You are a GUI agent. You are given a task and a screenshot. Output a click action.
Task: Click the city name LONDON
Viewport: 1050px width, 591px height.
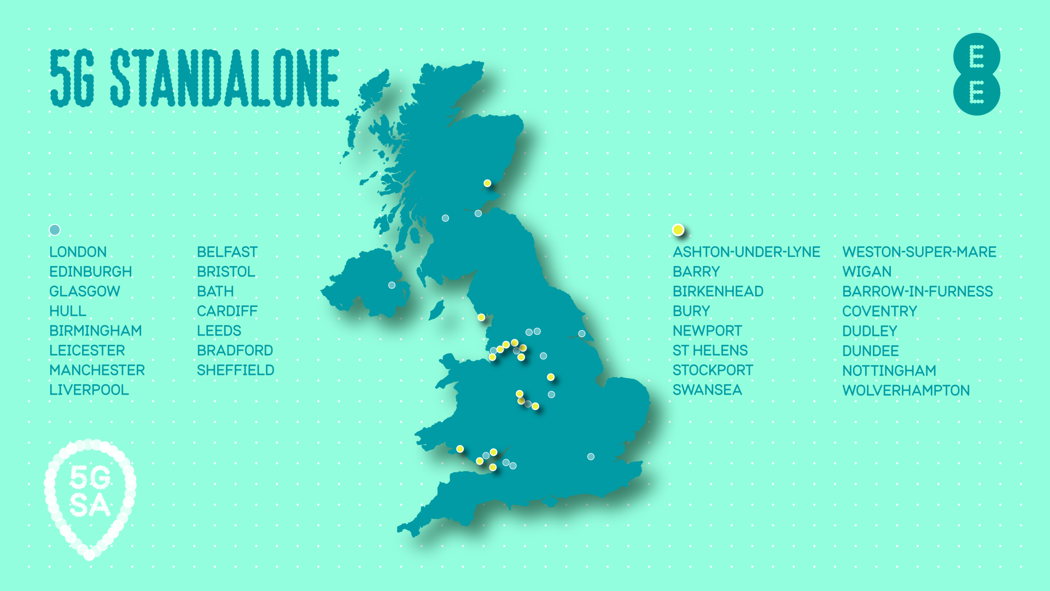pos(78,252)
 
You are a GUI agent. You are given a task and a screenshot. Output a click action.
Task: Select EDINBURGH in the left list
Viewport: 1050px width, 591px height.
pos(90,271)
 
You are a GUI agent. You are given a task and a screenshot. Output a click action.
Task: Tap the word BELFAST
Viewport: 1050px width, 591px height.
pos(227,252)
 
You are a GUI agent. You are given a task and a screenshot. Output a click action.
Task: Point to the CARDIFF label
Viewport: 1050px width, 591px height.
pos(227,311)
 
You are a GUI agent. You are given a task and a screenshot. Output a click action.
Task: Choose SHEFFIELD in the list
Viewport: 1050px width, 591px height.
pos(235,370)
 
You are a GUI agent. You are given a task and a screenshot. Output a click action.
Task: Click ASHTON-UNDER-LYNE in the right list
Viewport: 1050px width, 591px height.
pos(746,252)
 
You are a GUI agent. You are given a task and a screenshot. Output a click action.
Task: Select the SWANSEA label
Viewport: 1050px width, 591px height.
pos(707,390)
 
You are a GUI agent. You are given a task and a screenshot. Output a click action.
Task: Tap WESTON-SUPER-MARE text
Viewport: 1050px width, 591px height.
pos(919,252)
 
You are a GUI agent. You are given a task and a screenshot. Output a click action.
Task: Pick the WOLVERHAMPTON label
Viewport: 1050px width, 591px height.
pos(906,390)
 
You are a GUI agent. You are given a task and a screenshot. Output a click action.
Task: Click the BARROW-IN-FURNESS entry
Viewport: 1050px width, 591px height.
pos(917,291)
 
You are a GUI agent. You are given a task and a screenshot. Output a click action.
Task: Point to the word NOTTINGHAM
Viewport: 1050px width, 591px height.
pos(889,370)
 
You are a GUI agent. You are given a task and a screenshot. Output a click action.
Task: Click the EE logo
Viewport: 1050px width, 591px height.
pos(976,74)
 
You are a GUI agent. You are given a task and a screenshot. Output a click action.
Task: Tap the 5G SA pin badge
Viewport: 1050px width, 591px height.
pos(90,495)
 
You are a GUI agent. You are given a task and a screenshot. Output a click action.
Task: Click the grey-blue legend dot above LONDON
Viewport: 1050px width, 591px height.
pos(55,230)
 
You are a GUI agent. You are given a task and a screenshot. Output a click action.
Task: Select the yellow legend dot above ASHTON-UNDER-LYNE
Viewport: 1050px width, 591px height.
pos(678,230)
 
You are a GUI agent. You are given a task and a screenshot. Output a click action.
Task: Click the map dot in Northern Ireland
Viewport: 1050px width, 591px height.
pos(392,285)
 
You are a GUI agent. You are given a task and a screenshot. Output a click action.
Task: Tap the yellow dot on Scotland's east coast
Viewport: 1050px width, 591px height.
pos(487,183)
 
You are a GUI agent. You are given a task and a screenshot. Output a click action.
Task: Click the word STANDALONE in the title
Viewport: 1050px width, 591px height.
pos(224,78)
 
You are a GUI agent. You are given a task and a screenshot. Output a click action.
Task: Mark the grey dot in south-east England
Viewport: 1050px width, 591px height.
pos(591,456)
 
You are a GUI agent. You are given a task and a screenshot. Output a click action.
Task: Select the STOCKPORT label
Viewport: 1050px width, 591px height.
pos(713,370)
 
